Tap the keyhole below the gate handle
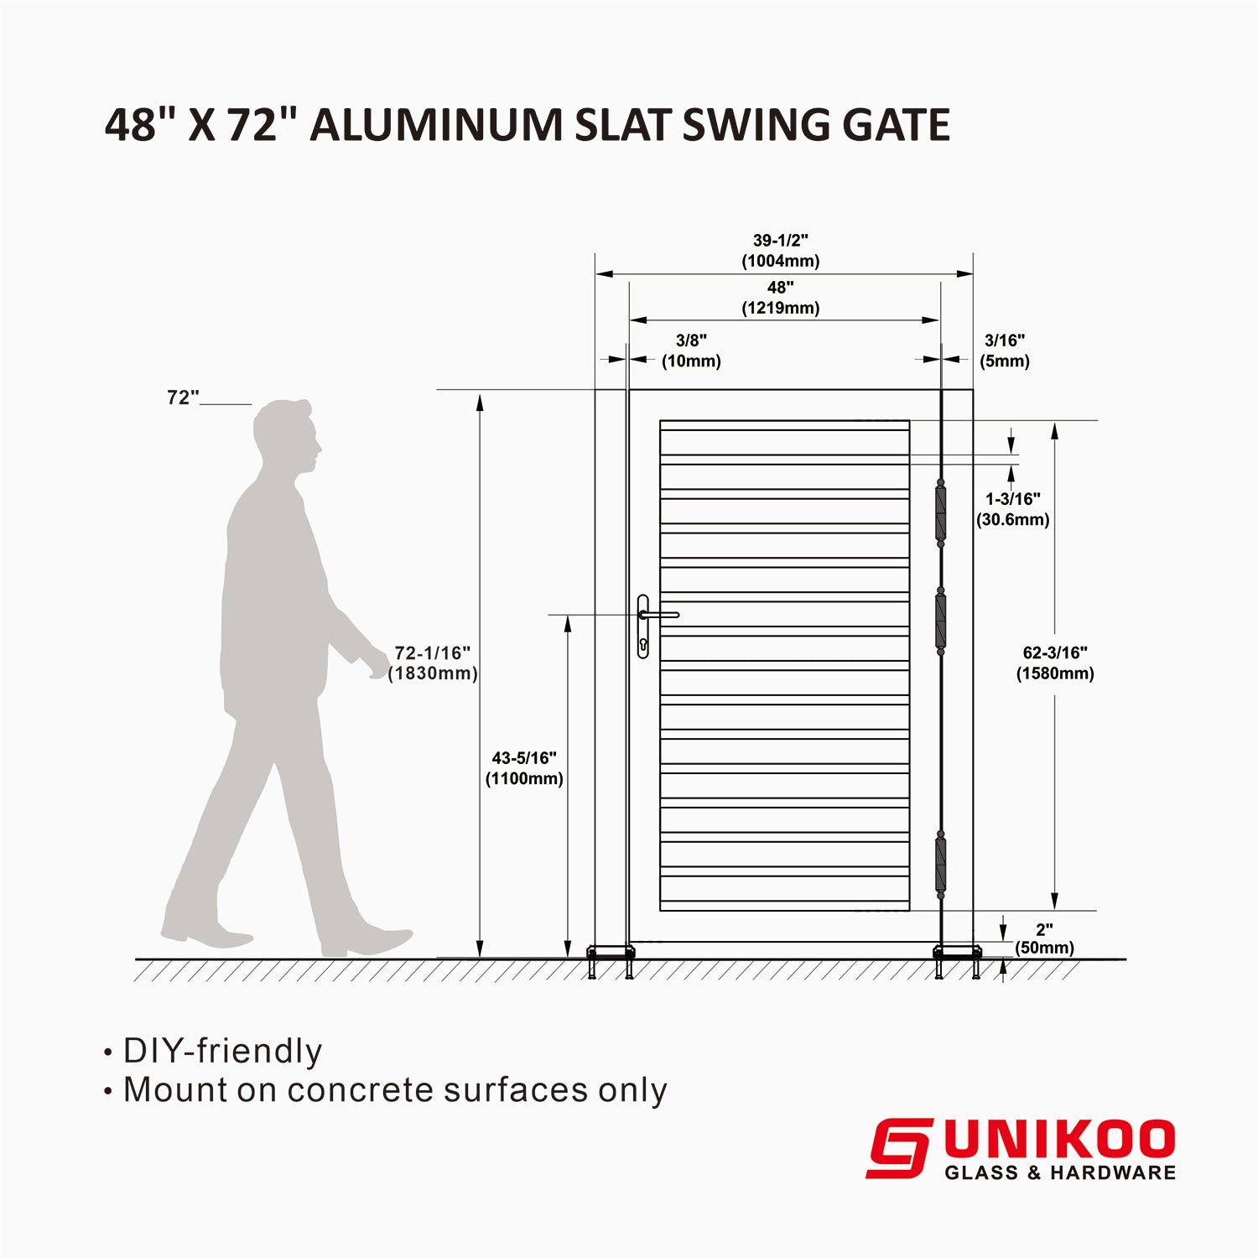(643, 645)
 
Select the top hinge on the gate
(940, 512)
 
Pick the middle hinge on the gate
(940, 621)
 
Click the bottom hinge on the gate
(940, 865)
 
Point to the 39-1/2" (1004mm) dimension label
(780, 251)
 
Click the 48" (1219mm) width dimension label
(780, 298)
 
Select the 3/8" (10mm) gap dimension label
(691, 351)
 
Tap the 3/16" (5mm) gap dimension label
(1004, 351)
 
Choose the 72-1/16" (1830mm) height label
(433, 663)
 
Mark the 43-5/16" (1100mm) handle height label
(524, 768)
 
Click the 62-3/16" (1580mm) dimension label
(1055, 663)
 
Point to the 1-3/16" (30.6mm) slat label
(1012, 509)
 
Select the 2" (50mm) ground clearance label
(1044, 938)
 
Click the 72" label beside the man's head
(183, 398)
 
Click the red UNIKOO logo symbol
(898, 1148)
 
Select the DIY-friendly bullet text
(222, 1051)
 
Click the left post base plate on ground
(611, 952)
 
